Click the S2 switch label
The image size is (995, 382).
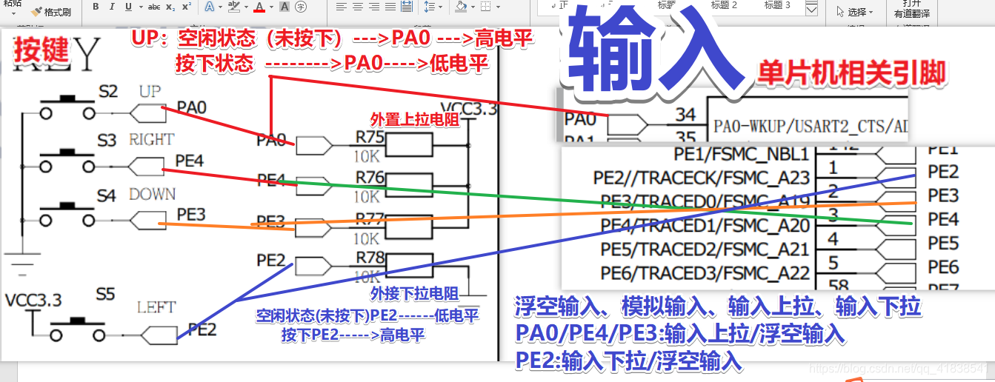pyautogui.click(x=108, y=91)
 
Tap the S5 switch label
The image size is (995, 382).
pyautogui.click(x=105, y=294)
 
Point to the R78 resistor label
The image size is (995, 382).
pyautogui.click(x=370, y=257)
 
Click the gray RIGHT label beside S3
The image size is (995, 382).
pyautogui.click(x=151, y=139)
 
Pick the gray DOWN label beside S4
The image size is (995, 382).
pyautogui.click(x=152, y=194)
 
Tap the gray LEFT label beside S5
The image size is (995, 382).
pyautogui.click(x=156, y=306)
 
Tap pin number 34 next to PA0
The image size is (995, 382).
pyautogui.click(x=685, y=114)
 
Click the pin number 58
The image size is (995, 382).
pyautogui.click(x=833, y=285)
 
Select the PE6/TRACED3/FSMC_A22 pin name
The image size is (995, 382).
pyautogui.click(x=705, y=272)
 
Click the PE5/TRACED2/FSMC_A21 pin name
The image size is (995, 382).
pyautogui.click(x=705, y=249)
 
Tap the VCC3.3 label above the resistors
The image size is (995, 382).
pyautogui.click(x=468, y=109)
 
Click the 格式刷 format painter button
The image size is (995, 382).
pyautogui.click(x=51, y=12)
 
